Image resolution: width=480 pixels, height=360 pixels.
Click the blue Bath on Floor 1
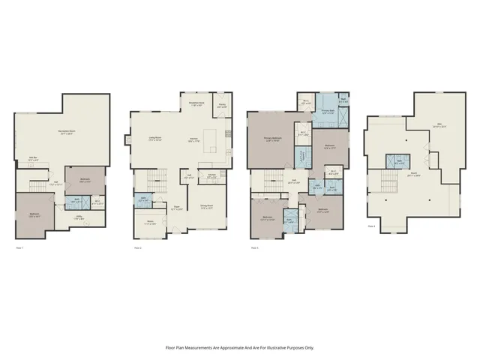coord(78,200)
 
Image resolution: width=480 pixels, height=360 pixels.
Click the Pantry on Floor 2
coord(222,105)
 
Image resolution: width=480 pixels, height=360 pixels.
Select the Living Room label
coord(156,139)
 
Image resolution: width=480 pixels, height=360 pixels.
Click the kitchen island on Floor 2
coord(212,139)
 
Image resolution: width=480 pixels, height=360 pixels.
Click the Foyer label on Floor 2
coord(177,208)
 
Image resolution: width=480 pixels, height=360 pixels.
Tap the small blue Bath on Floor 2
coord(143,200)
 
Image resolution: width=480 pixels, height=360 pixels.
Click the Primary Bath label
coord(327,112)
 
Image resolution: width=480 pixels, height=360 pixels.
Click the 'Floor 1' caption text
coord(19,247)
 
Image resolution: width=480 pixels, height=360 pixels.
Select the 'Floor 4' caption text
coord(373,225)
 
